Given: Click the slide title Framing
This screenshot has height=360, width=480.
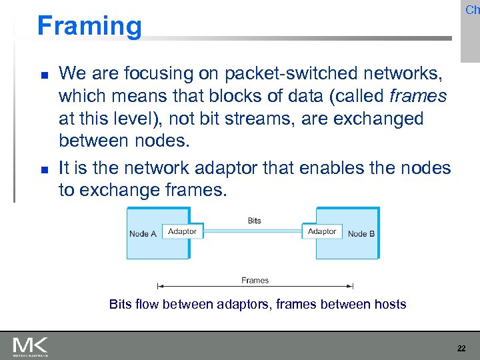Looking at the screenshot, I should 89,26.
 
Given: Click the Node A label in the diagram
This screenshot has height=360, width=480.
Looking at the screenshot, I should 143,234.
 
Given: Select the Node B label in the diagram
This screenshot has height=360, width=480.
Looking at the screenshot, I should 361,234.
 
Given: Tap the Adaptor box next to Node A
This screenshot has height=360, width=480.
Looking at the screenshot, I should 182,231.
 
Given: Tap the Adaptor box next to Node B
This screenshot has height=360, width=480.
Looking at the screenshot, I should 322,231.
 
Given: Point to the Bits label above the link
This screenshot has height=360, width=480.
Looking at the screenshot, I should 254,221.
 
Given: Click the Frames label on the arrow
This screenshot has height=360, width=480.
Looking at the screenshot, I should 255,281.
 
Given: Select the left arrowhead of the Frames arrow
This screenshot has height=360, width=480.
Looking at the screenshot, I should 159,286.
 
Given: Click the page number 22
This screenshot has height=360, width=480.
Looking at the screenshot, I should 461,348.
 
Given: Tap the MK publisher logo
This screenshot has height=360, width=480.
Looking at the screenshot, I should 30,347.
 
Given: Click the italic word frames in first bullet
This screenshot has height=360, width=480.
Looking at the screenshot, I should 417,96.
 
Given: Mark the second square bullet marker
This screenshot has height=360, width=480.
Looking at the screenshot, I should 41,169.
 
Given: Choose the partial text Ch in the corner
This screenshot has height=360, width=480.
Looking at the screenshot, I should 472,10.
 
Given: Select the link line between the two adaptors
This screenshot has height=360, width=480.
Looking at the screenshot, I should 253,231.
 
